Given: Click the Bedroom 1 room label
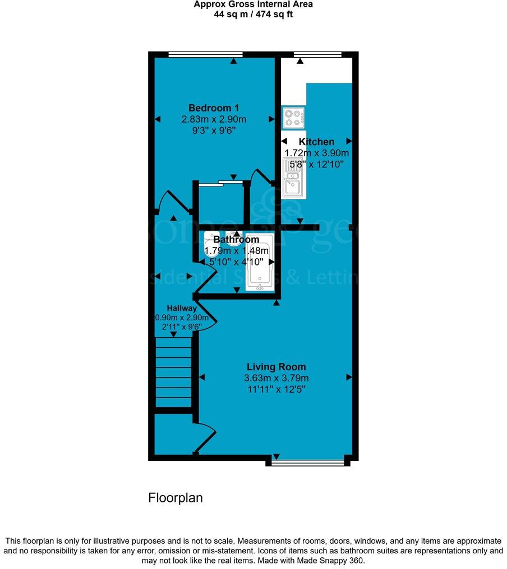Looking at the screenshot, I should tap(214, 108).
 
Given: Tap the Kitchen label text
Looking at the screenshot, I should tap(316, 142).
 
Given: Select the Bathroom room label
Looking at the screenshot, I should tap(236, 240).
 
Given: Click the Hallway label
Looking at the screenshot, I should tap(181, 309).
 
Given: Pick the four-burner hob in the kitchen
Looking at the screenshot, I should tap(294, 116).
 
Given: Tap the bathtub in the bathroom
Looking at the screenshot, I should tap(259, 261).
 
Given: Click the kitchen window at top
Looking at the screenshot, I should tap(318, 54).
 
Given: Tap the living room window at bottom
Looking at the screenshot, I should tap(307, 463).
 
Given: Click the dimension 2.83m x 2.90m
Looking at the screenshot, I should tap(214, 119).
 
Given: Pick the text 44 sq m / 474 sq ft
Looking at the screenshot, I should tap(253, 14).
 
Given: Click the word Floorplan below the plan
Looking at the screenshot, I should tap(175, 497).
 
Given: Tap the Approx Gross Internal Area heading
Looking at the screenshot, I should tap(253, 4).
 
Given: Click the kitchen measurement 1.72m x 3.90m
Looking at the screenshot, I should tap(317, 153).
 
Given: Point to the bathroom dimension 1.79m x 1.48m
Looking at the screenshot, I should tap(237, 250).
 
